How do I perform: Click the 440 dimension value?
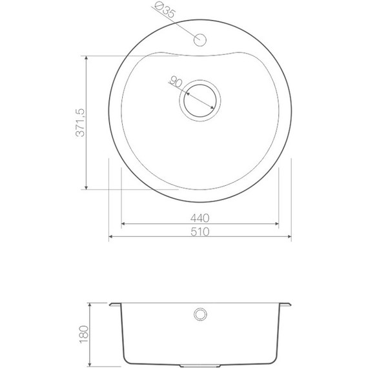199,218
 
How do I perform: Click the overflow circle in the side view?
199,314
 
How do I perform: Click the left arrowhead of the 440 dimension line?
124,224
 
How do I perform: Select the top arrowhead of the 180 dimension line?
89,303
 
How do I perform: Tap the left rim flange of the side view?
114,303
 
